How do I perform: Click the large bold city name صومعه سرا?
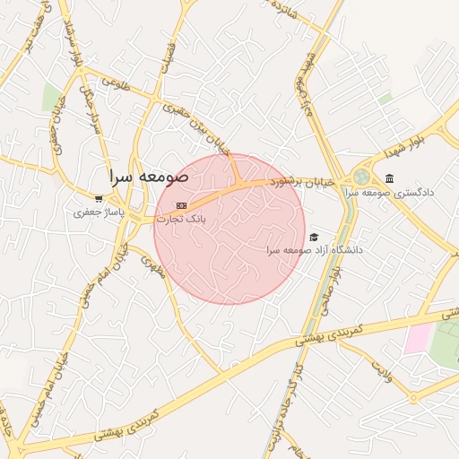coord(149,178)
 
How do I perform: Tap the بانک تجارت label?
coord(181,218)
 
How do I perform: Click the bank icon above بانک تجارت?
coord(182,205)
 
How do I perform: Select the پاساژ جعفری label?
coord(99,213)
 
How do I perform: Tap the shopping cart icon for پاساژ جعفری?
coord(100,199)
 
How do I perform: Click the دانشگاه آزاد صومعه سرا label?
coord(314,249)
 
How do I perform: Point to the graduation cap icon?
coord(314,237)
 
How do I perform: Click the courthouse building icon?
coord(390,178)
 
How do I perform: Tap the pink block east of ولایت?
coord(418,340)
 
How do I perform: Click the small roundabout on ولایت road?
coord(413,397)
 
